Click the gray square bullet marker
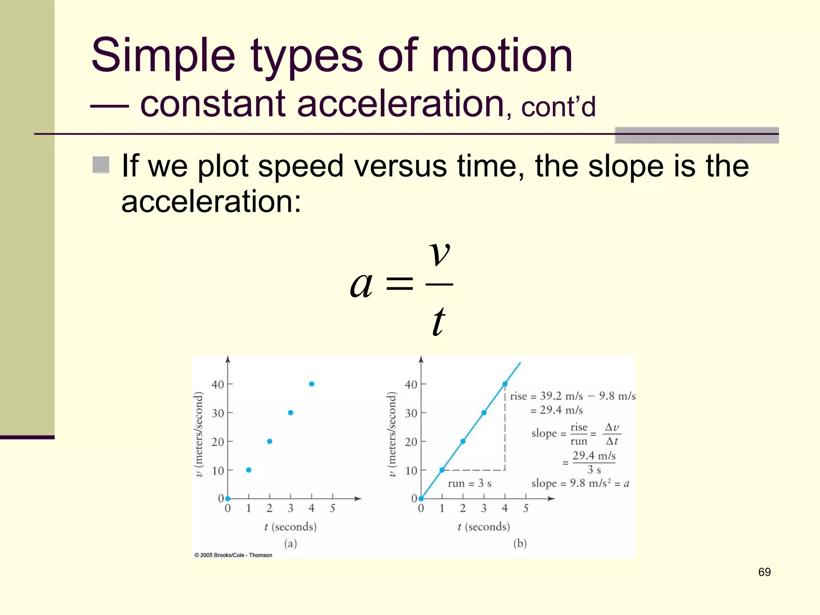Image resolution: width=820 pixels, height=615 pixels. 101,165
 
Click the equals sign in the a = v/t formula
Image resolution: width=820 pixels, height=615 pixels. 399,284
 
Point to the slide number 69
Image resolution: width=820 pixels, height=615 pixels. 764,572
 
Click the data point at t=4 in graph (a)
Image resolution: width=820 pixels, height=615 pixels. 312,384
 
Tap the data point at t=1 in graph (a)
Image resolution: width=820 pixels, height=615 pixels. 249,470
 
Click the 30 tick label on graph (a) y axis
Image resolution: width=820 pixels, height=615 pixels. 217,413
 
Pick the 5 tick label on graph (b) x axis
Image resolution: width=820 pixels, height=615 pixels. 526,508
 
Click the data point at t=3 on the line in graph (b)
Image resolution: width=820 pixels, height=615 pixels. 484,412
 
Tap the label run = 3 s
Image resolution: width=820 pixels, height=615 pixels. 469,483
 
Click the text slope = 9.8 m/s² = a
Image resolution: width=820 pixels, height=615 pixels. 580,483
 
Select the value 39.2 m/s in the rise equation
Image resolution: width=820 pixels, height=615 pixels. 561,396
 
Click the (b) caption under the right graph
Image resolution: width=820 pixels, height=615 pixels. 520,543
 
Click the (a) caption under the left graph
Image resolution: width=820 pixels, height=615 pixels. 290,543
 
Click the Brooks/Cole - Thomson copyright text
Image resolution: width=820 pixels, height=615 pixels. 233,555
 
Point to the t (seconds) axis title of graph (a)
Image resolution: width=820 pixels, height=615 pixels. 290,527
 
